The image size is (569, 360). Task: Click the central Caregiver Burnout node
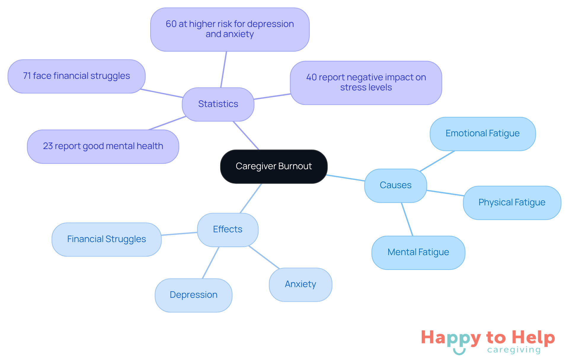(274, 166)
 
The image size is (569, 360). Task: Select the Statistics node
(218, 104)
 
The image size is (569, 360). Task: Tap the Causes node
(395, 185)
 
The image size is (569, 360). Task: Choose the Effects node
(227, 229)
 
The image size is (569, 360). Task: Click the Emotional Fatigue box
(482, 133)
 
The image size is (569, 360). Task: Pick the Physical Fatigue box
(512, 202)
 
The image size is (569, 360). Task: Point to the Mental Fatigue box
(418, 252)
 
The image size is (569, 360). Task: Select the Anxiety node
(300, 284)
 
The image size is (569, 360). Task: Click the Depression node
(193, 295)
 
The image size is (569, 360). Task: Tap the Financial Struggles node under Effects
(106, 239)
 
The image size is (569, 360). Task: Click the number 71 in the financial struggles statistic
(27, 76)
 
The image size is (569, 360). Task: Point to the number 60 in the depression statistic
(171, 24)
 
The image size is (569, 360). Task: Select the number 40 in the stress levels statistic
(311, 77)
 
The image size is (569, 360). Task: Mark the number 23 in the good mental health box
(48, 146)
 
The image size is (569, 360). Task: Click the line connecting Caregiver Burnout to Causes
(346, 178)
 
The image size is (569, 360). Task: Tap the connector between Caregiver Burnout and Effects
(251, 198)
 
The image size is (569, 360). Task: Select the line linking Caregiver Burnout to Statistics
(246, 135)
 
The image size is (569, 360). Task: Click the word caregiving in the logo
(514, 350)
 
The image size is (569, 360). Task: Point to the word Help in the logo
(533, 337)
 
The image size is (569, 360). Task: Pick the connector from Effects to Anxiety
(264, 257)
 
